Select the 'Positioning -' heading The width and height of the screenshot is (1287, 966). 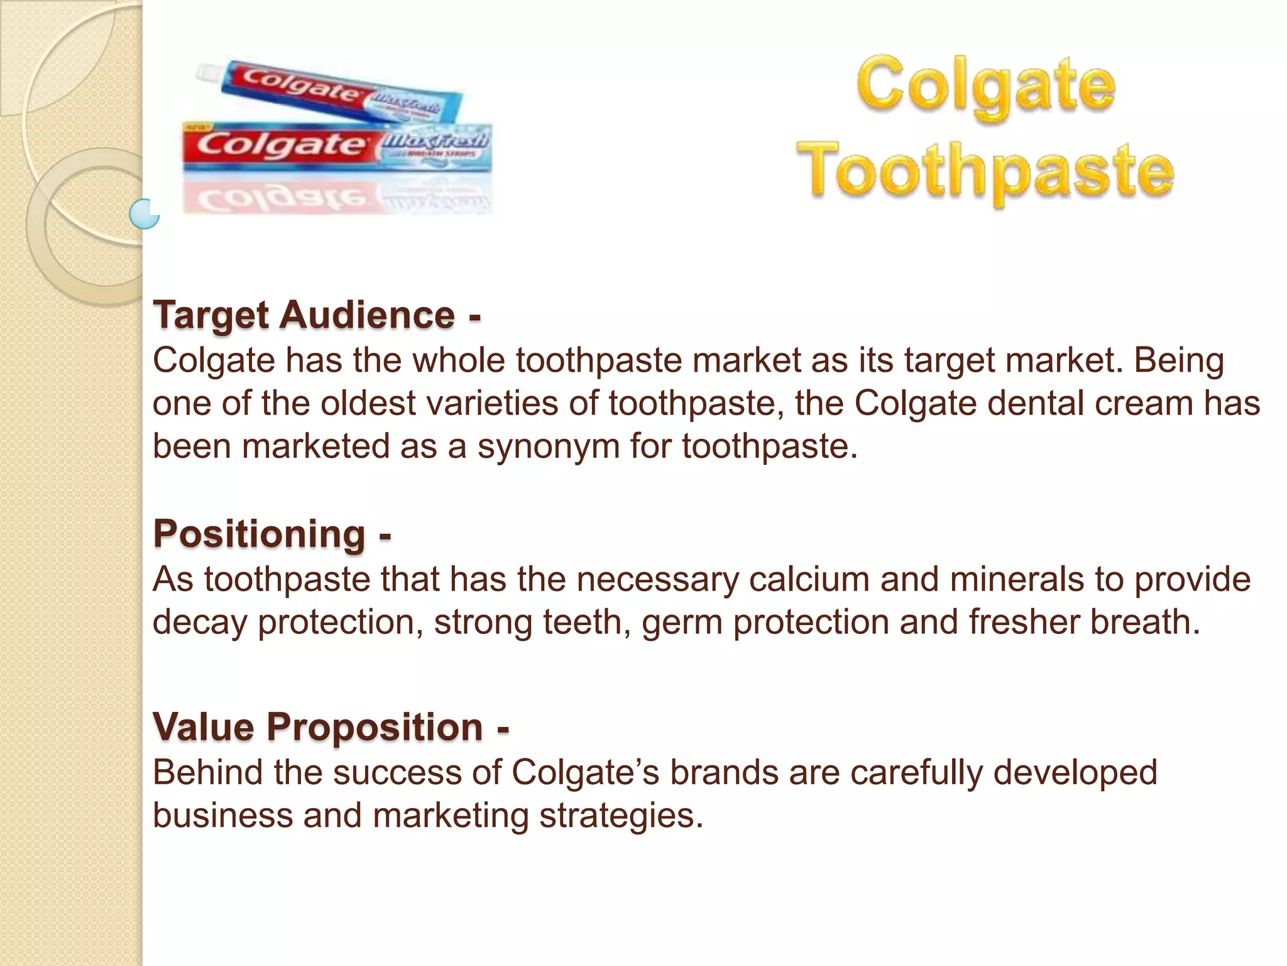point(272,534)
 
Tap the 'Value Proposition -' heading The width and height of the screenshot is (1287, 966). point(331,727)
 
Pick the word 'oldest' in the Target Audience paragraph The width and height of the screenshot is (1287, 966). point(368,403)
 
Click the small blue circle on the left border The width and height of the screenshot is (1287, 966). point(145,214)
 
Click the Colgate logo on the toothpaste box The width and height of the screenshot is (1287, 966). point(280,145)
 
